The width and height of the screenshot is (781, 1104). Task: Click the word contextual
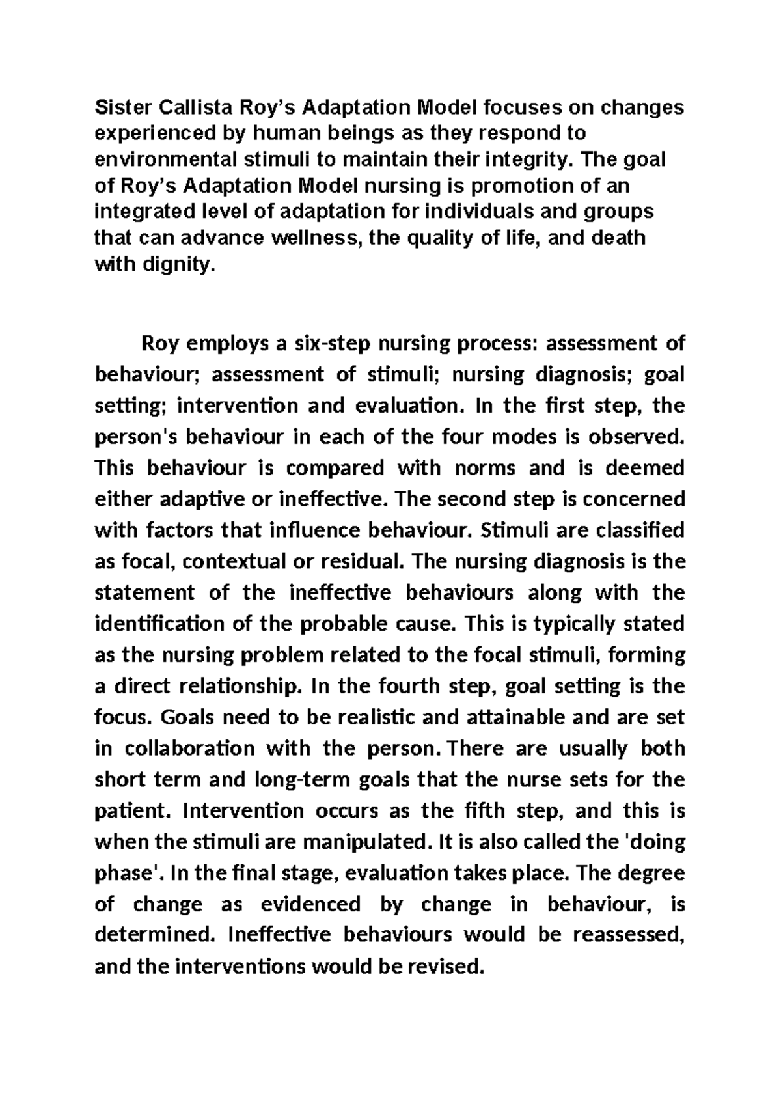pos(230,561)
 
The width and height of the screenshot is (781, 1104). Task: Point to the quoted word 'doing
pos(655,842)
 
